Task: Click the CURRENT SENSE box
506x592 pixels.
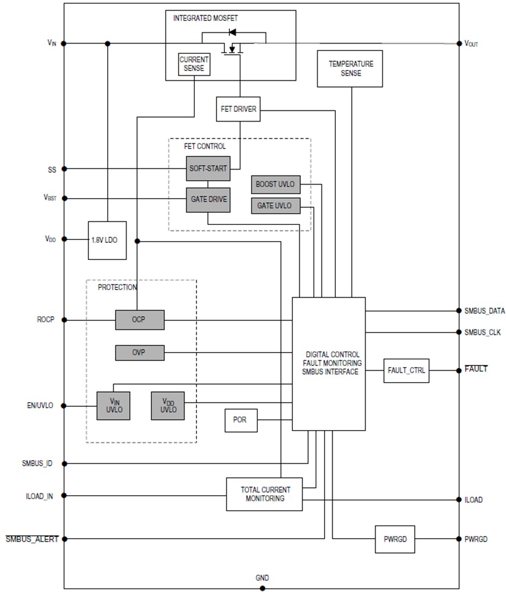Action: pos(194,65)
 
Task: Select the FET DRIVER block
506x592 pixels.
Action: pos(238,109)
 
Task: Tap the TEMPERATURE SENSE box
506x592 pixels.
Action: pos(350,68)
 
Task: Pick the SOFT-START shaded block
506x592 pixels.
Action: pos(208,168)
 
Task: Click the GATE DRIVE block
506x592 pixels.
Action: pos(208,200)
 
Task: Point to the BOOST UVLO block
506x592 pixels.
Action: pos(275,184)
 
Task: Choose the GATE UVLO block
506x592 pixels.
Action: pos(275,206)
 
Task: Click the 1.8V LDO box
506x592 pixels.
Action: pos(107,240)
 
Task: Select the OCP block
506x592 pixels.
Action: pos(139,320)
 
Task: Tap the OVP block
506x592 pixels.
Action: pos(139,353)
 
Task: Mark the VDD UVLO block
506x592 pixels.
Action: pos(167,405)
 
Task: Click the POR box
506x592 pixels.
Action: pos(241,420)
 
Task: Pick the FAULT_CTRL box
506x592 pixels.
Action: pos(406,370)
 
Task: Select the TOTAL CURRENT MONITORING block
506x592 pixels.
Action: pos(264,494)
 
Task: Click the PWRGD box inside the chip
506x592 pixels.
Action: pos(395,539)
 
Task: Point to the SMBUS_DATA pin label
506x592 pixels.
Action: pos(484,311)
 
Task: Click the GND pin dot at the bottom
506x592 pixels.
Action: pos(262,588)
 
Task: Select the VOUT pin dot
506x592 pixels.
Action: pos(459,44)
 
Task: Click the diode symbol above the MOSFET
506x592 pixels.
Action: pos(233,32)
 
